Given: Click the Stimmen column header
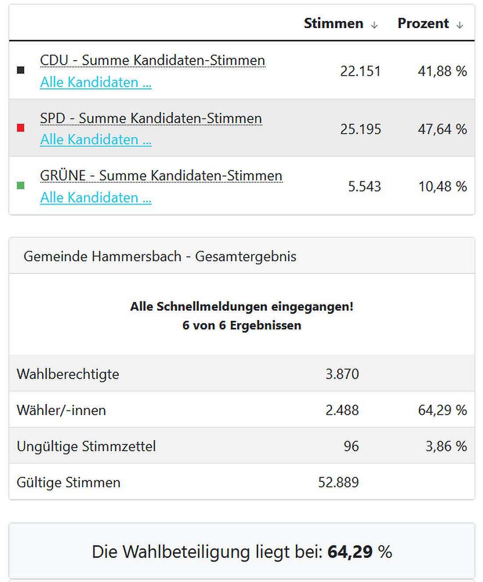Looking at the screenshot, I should coord(333,23).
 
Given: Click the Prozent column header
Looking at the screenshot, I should coord(423,23).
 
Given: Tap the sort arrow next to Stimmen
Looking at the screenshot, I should coord(374,25).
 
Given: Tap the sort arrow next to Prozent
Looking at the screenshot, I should coord(459,25).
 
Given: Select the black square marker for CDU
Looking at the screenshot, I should coord(21,70).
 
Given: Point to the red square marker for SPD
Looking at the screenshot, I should coord(21,128).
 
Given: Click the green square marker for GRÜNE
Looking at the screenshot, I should coord(21,186).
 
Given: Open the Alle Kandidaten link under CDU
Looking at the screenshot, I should coord(96,82).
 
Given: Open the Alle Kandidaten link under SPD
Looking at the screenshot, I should coord(96,139).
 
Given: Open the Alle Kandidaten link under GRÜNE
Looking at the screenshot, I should coord(96,198).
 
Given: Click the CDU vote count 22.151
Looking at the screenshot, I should coord(360,71).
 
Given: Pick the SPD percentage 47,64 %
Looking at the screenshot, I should coord(442,129).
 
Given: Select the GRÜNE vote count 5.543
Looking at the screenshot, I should coord(364,187).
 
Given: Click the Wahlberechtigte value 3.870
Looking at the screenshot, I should coord(342,374).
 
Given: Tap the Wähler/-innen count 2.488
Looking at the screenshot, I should coord(342,410).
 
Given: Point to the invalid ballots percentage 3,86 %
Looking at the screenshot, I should coord(446,446).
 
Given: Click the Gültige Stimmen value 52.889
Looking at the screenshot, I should coord(338,482).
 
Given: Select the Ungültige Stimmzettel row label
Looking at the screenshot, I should coord(86,446).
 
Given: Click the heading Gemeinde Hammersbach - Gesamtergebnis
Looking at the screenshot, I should coord(160,256).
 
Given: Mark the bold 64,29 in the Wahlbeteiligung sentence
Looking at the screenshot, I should coord(350,552).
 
